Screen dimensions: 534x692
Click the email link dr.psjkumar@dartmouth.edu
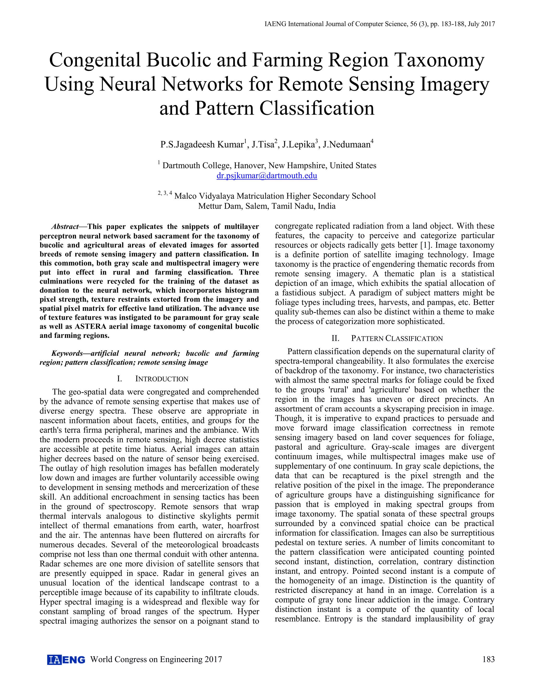point(267,175)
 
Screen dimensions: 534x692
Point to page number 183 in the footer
point(488,659)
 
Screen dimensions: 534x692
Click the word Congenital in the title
point(95,60)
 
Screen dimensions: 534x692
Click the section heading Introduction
point(162,379)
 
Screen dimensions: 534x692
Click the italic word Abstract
point(65,227)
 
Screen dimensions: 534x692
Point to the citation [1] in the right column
point(426,245)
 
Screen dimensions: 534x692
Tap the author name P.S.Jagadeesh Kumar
point(202,144)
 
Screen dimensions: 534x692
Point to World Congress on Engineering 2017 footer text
point(156,659)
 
